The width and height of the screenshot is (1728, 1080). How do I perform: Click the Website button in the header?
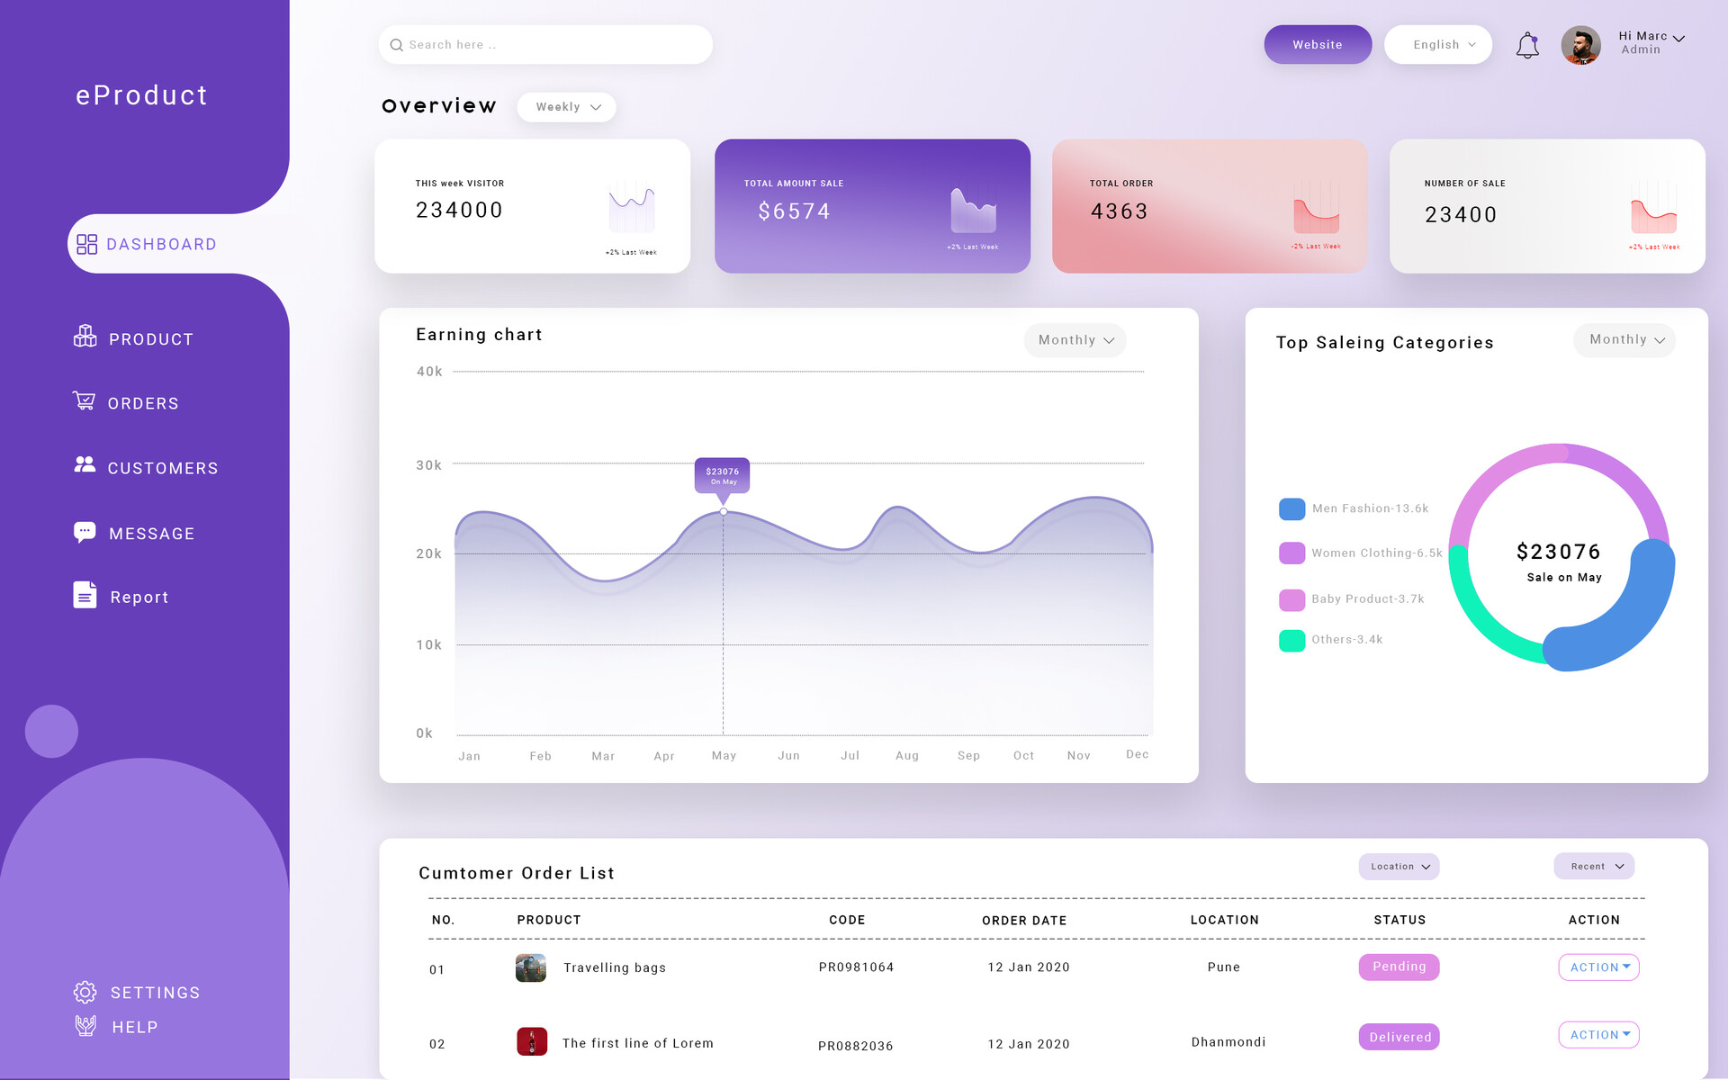1317,45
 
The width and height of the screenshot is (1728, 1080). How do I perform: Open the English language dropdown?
1437,45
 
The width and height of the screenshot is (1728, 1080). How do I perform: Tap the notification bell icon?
1527,46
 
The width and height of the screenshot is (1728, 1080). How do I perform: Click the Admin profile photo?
1580,45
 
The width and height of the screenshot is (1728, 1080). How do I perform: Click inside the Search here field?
544,45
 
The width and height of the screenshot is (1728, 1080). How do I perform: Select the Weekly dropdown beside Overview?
567,107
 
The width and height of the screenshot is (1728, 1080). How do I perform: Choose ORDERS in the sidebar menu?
143,403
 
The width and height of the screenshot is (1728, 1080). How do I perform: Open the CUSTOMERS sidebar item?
162,468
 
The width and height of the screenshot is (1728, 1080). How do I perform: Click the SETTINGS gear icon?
85,992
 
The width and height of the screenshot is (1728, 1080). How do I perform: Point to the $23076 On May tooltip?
722,475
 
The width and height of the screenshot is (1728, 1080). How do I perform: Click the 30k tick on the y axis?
428,465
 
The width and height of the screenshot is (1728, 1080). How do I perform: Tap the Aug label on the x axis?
907,756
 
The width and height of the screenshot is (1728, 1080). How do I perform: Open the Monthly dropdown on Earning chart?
1075,340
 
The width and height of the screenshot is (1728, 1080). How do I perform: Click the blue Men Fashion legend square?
1291,509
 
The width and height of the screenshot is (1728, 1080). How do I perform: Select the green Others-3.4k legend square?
1291,641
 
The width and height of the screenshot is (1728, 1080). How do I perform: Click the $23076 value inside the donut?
1558,552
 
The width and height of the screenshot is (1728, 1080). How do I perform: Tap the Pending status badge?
1399,967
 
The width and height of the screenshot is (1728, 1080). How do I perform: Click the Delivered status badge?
1399,1037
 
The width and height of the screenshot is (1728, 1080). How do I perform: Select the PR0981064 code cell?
856,967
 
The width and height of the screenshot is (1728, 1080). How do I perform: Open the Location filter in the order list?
1399,867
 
